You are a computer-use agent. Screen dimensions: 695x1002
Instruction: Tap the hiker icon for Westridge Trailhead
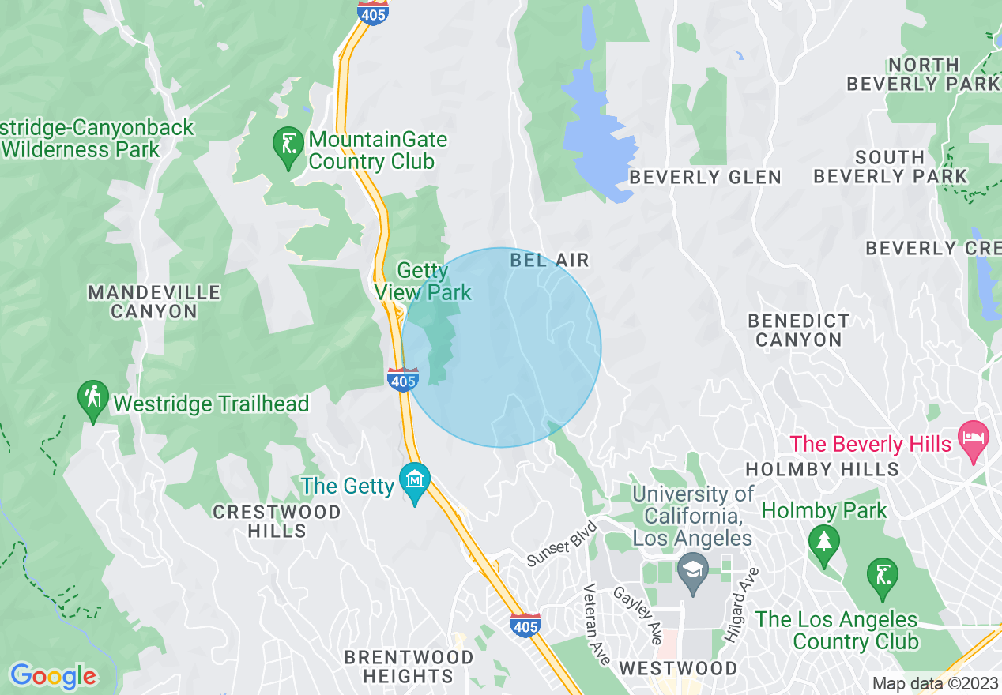(x=93, y=400)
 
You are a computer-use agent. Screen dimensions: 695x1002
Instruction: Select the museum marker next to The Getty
(x=414, y=479)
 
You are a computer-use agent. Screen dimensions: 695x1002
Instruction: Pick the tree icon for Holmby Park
(x=824, y=543)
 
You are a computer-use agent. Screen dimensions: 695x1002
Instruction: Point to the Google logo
(x=52, y=677)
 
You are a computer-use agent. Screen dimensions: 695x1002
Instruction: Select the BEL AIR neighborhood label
(x=549, y=260)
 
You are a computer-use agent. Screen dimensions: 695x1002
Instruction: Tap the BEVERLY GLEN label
(x=705, y=178)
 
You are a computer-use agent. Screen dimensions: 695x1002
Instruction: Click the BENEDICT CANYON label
(x=799, y=330)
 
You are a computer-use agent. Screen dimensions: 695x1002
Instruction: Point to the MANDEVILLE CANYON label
(x=154, y=302)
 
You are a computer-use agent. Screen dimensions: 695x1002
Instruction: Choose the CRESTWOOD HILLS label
(x=277, y=521)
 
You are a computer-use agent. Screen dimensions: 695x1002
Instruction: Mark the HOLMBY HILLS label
(x=822, y=469)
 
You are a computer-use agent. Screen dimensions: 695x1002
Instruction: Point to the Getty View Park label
(x=423, y=282)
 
